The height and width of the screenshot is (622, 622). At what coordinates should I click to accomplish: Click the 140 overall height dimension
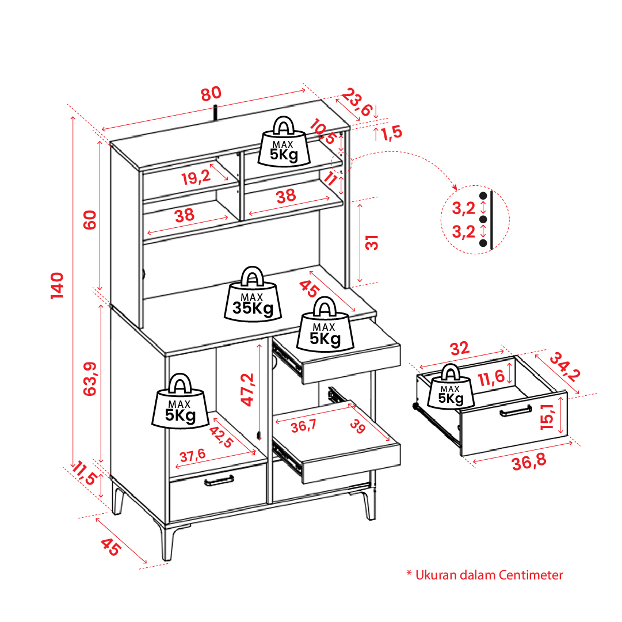58,285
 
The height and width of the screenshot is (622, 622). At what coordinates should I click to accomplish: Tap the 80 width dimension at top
211,94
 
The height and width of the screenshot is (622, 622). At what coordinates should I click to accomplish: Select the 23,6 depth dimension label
357,102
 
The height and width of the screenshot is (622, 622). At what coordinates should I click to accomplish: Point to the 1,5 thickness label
391,132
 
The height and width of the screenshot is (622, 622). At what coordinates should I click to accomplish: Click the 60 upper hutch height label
90,220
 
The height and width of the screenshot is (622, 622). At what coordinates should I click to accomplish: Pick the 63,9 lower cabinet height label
90,379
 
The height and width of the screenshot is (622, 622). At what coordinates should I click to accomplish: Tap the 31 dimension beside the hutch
372,242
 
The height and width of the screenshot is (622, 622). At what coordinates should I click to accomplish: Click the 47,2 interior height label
247,390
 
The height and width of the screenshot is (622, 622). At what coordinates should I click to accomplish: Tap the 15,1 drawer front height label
547,416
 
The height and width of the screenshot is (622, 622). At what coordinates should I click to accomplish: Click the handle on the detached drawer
516,411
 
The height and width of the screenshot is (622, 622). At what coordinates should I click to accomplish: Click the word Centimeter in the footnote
531,575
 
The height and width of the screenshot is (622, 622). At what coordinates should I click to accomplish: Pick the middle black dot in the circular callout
483,219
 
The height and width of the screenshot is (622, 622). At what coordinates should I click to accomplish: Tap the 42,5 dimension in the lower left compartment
221,436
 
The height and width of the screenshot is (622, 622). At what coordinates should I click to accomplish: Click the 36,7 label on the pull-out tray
303,426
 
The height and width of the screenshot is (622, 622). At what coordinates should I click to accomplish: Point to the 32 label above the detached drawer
460,349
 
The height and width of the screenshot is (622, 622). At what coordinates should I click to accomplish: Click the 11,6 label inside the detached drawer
491,377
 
